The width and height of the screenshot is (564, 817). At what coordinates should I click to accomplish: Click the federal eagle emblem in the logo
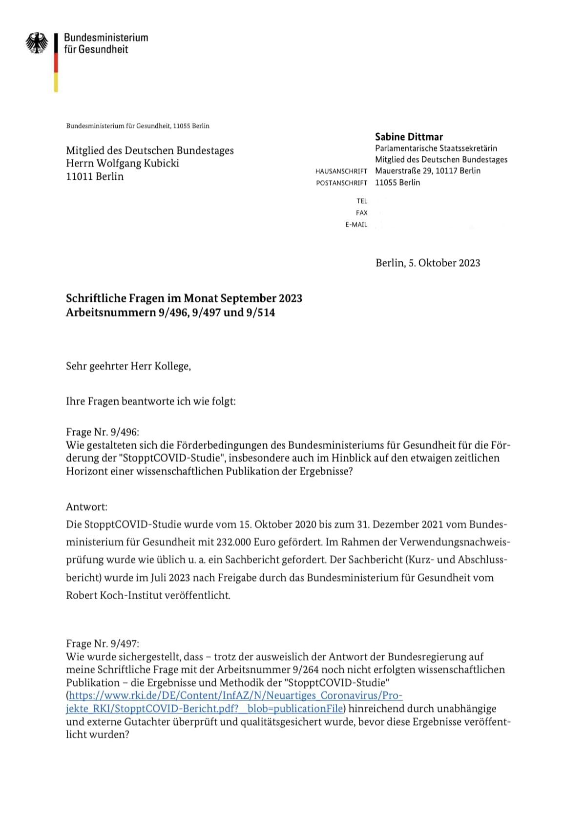(x=37, y=43)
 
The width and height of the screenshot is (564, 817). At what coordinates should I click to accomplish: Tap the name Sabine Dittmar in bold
(x=409, y=137)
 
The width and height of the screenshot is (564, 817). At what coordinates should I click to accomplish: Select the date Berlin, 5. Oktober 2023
(x=428, y=263)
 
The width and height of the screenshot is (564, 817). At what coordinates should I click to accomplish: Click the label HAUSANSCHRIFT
(x=341, y=171)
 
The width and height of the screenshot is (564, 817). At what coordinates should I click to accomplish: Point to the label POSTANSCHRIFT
(x=341, y=183)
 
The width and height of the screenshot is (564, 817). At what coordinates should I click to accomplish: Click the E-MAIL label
(x=356, y=225)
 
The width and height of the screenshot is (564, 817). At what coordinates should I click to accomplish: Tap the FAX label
(x=361, y=213)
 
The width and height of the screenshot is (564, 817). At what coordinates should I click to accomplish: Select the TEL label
(x=361, y=201)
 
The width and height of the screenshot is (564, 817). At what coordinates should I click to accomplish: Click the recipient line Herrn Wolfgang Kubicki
(x=123, y=163)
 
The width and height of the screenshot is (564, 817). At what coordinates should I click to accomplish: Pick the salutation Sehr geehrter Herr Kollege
(x=128, y=366)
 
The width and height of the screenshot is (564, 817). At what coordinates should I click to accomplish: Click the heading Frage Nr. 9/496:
(x=103, y=432)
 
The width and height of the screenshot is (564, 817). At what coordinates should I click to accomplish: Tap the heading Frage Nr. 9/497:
(x=103, y=644)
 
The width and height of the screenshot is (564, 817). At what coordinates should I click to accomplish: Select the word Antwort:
(x=86, y=507)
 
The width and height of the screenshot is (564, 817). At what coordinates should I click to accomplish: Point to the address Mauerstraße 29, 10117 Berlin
(x=428, y=171)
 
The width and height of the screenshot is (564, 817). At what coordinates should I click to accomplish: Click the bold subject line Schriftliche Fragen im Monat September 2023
(x=184, y=298)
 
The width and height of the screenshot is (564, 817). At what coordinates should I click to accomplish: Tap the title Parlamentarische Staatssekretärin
(x=436, y=148)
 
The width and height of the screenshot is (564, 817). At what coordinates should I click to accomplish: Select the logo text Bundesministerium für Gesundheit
(x=105, y=43)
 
